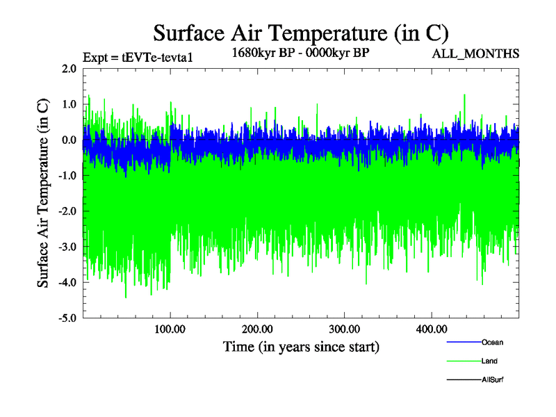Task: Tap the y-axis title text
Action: [43, 193]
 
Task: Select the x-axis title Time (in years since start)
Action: [301, 346]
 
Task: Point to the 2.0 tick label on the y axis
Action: [69, 69]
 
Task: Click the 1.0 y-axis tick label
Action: [69, 104]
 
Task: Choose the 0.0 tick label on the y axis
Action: [69, 140]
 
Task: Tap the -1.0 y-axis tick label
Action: [67, 176]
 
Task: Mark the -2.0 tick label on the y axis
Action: [67, 211]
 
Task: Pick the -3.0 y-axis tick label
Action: [67, 247]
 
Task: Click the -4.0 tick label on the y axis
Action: [67, 282]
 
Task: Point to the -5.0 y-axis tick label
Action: [67, 318]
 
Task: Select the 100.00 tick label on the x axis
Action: [170, 329]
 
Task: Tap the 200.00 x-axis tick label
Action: [257, 329]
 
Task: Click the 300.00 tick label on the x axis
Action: [344, 329]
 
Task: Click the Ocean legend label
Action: [492, 342]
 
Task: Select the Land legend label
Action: [489, 361]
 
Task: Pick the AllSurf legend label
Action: [492, 379]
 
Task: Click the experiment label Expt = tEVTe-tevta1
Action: [137, 57]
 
